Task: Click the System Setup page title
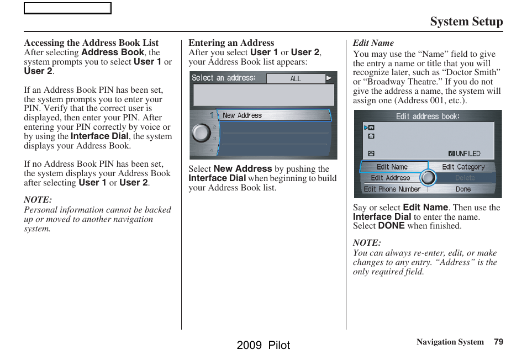point(466,22)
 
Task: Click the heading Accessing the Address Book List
point(91,43)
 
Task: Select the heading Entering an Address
point(231,43)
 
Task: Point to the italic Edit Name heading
point(373,43)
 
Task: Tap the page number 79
point(498,342)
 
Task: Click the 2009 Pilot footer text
point(263,345)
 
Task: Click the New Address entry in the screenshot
point(273,115)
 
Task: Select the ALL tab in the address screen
point(296,78)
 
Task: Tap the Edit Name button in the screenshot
point(393,167)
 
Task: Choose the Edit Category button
point(463,167)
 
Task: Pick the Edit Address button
point(391,178)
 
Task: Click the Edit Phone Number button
point(392,189)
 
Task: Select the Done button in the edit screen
point(463,189)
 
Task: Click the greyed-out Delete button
point(465,178)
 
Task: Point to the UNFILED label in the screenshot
point(467,153)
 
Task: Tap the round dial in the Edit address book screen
point(428,177)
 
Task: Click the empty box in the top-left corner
point(67,8)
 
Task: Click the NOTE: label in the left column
point(38,200)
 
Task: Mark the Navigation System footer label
point(450,342)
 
